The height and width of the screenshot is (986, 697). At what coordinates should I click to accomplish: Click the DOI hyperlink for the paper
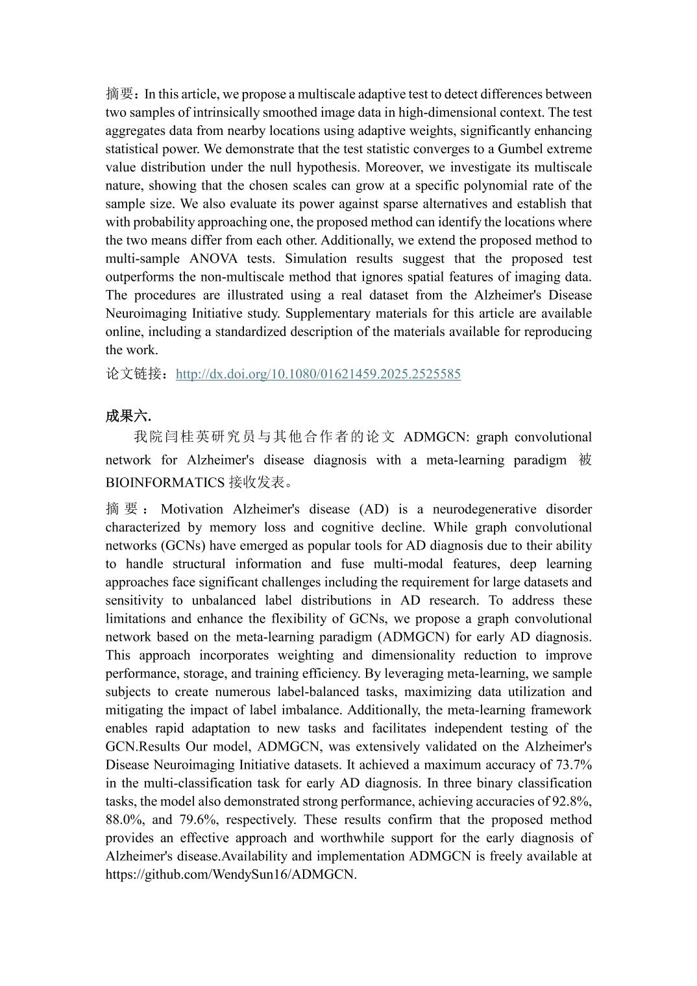318,374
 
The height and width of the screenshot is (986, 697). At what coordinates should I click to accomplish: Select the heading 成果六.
128,416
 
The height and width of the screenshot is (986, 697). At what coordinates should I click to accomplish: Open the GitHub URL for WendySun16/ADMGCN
231,874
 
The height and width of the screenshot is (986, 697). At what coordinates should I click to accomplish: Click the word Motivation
191,509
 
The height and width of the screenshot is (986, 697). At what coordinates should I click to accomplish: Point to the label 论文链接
134,374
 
